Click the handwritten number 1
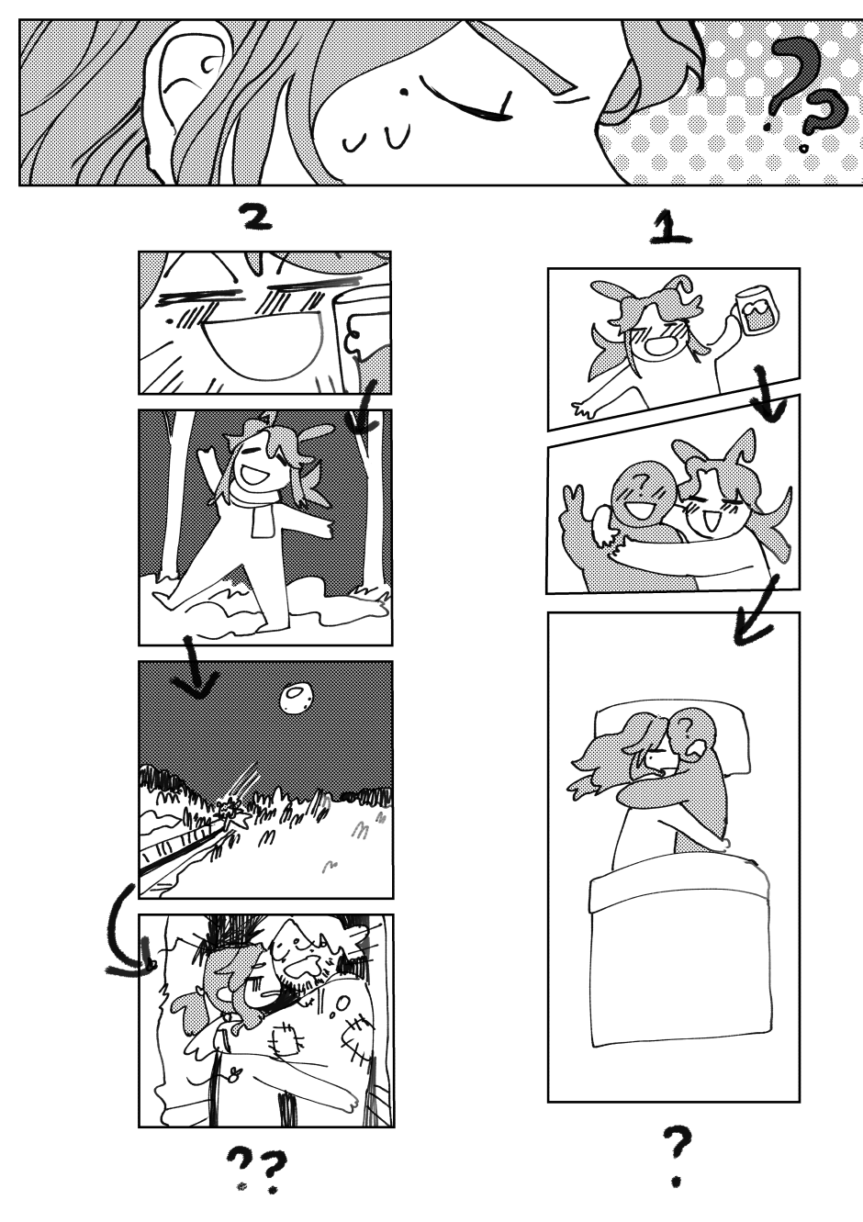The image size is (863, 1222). click(670, 231)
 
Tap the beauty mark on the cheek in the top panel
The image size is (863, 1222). click(404, 92)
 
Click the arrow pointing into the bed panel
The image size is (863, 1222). click(756, 612)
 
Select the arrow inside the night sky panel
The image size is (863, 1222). click(196, 671)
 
